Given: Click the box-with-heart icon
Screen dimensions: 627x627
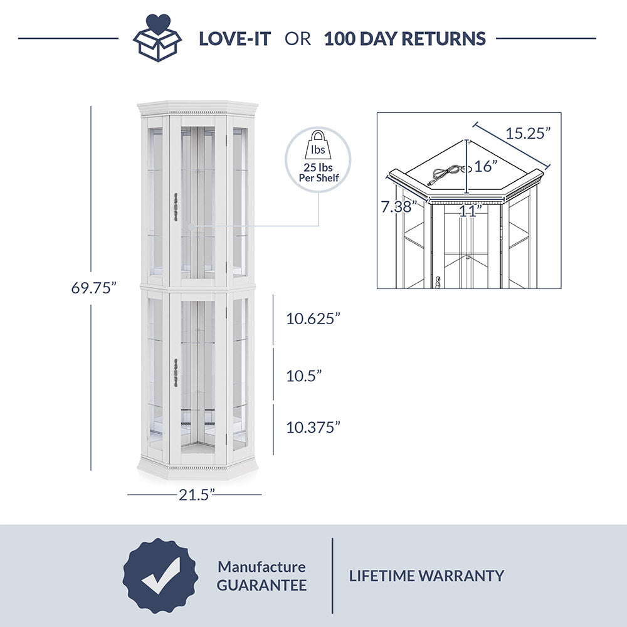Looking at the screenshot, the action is (157, 38).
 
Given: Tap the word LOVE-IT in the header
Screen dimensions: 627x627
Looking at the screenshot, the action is (234, 39).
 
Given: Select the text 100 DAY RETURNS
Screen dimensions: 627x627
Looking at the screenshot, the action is (404, 39).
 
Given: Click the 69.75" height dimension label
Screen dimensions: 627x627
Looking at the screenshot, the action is (93, 288).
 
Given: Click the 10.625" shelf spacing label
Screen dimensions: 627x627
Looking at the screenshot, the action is (313, 319).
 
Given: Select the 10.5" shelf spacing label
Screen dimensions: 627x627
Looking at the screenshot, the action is (304, 376).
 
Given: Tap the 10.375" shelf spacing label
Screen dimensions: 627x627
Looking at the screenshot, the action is (313, 428).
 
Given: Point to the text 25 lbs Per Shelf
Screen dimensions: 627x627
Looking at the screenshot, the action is (319, 173).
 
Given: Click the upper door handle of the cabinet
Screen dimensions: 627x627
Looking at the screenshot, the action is (176, 207).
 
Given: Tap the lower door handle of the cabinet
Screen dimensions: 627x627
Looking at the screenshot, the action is (176, 372).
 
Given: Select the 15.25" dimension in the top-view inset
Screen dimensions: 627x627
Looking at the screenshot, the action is (528, 133).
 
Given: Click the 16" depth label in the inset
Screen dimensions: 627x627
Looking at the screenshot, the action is (486, 166).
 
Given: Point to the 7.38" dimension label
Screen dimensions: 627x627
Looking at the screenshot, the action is (399, 207).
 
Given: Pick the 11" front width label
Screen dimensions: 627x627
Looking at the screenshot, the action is (470, 211).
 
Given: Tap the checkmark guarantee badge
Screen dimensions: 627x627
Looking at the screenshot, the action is (161, 576).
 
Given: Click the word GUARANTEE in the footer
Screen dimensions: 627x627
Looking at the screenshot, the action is (262, 586).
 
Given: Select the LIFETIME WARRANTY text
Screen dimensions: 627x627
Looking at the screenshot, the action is (426, 576).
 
